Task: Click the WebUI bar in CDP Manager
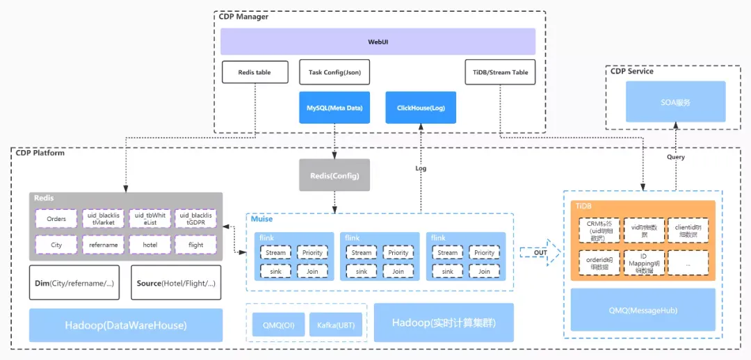[x=378, y=42]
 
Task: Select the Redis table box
[x=254, y=72]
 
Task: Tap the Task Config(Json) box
[x=334, y=72]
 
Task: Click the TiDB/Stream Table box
[x=500, y=72]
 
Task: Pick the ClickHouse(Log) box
[x=421, y=108]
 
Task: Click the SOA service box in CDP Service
[x=675, y=102]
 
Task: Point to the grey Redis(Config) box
[x=334, y=175]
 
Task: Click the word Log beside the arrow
[x=421, y=168]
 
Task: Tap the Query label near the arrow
[x=675, y=157]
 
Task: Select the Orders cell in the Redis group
[x=56, y=219]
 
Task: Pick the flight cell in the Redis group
[x=195, y=245]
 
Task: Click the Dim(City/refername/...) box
[x=74, y=283]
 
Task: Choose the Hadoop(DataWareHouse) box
[x=126, y=325]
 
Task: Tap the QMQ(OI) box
[x=277, y=325]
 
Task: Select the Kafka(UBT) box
[x=336, y=325]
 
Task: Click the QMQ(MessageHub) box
[x=643, y=310]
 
